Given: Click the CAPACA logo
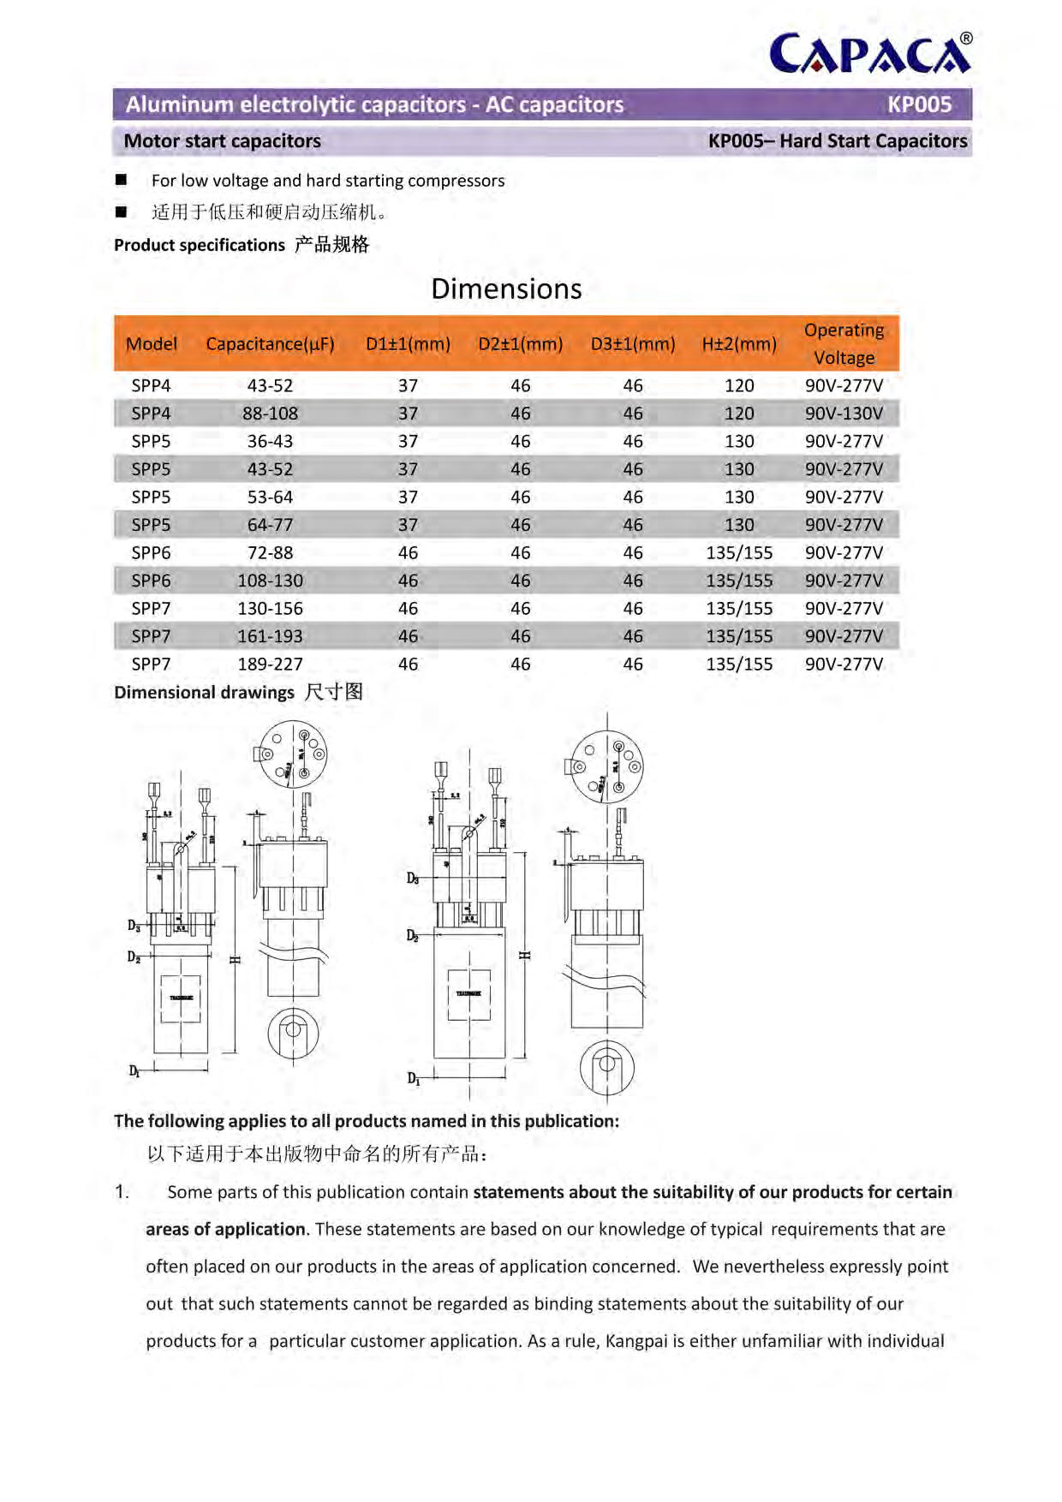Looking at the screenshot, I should point(870,54).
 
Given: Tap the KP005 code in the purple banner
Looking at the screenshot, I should point(919,104).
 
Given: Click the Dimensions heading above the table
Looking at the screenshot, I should point(506,289).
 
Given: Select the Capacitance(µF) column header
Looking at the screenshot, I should point(270,344).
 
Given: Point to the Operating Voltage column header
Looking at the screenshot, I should point(844,343).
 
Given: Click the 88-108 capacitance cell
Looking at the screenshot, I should point(270,414).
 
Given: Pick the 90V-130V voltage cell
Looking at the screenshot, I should point(844,414).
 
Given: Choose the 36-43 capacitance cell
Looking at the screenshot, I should point(270,441).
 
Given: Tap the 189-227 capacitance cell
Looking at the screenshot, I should point(270,664).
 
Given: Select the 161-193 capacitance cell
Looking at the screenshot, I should point(270,636).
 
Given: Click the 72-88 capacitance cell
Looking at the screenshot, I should point(270,552).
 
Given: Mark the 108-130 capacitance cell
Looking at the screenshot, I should point(270,581).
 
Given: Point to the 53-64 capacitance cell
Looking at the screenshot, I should point(270,497).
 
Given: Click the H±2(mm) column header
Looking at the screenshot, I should point(739,344).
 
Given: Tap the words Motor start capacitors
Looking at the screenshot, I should point(223,141).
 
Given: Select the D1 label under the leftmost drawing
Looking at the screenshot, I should point(134,1070).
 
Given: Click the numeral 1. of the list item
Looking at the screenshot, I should point(122,1192).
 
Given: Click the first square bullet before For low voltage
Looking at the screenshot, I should point(121,180).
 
